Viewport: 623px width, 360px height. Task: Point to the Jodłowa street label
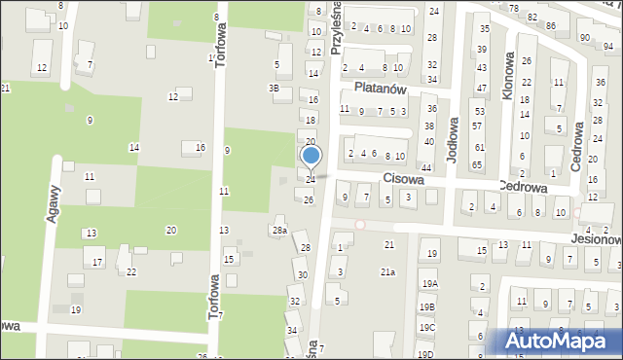coord(453,135)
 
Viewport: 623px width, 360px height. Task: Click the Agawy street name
coord(55,202)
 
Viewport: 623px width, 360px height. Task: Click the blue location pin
coord(311,158)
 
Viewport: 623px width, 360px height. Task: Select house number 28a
coord(279,230)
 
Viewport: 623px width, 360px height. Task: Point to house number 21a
coord(387,271)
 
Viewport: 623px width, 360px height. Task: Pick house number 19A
coord(429,283)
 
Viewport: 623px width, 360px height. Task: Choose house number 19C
coord(427,328)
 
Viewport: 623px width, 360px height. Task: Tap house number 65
coord(477,164)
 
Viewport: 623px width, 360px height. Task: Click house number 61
coord(478,147)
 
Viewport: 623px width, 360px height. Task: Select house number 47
coord(482,88)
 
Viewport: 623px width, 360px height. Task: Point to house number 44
coord(425,168)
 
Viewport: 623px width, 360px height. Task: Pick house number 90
coord(584,37)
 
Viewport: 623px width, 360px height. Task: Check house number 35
coord(484,29)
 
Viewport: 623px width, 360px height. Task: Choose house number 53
coord(478,111)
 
